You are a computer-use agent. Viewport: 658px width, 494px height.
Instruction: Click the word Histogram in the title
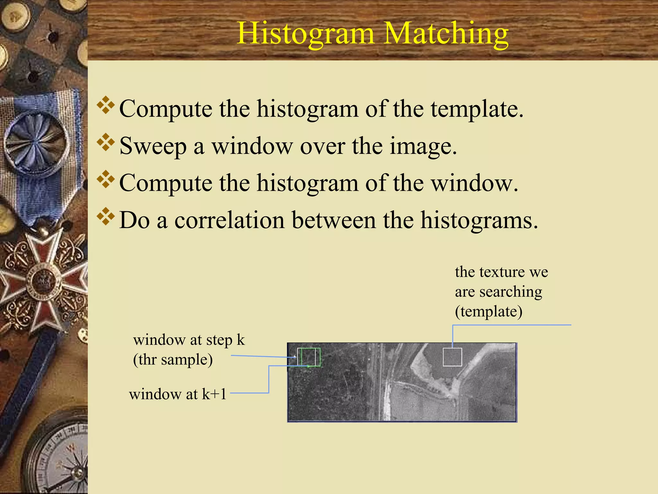tap(306, 34)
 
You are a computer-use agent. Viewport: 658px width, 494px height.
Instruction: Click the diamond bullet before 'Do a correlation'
tap(106, 217)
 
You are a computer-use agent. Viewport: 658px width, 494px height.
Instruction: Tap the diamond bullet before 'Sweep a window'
tap(106, 143)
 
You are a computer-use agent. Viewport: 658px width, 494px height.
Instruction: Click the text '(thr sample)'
tap(173, 360)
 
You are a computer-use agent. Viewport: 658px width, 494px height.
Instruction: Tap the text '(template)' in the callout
tap(489, 312)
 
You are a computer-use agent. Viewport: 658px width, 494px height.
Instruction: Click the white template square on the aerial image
tap(452, 357)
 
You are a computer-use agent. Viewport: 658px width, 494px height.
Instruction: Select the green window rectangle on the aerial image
tap(311, 357)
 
